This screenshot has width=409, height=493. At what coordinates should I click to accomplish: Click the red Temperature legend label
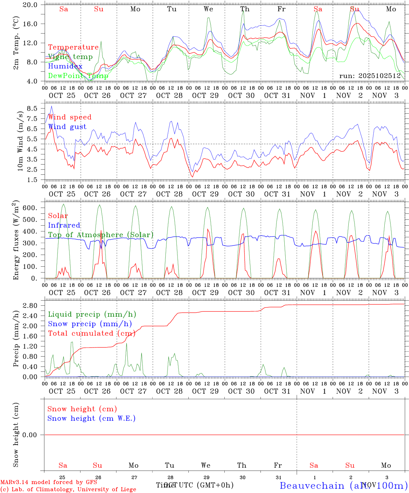[x=73, y=47]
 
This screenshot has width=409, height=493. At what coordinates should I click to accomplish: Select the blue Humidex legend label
[x=65, y=66]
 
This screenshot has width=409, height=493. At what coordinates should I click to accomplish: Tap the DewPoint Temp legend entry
[x=78, y=76]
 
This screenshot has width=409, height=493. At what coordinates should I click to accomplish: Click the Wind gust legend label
[x=67, y=127]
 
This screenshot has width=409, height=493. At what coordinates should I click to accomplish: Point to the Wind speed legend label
[x=70, y=117]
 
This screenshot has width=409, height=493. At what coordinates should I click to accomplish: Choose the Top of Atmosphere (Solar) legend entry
[x=100, y=235]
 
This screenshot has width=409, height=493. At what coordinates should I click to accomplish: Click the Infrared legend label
[x=64, y=225]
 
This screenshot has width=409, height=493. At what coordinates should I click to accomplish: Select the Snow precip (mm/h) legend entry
[x=90, y=324]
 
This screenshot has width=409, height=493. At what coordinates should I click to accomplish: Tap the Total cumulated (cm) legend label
[x=91, y=333]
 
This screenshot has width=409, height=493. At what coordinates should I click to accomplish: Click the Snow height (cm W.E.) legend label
[x=91, y=418]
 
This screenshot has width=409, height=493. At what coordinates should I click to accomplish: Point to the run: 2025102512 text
[x=370, y=76]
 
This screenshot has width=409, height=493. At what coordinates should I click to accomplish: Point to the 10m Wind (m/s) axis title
[x=20, y=141]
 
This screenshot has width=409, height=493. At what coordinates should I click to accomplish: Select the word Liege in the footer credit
[x=127, y=489]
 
